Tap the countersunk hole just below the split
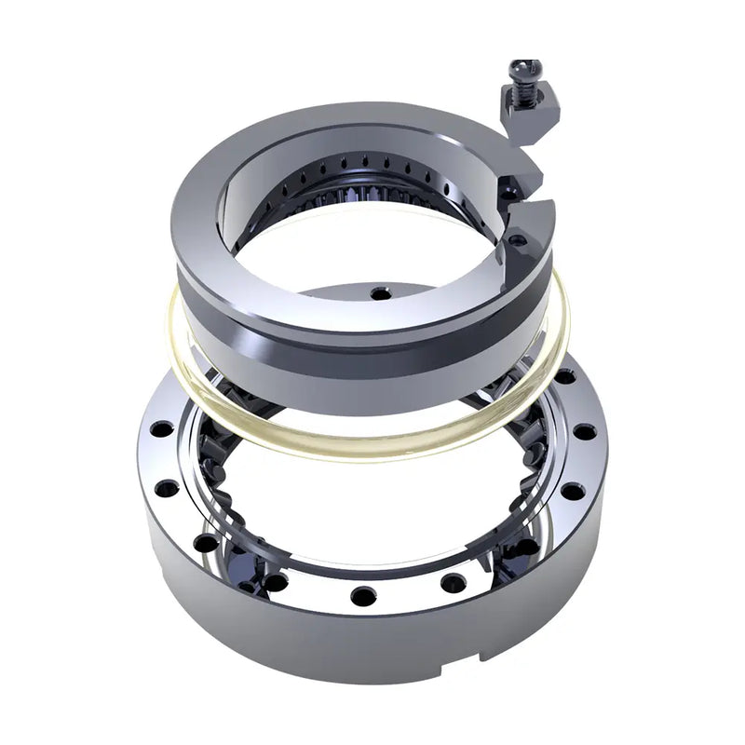tap(515, 239)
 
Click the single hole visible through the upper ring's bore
tap(379, 293)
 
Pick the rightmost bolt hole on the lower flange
tap(584, 431)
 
